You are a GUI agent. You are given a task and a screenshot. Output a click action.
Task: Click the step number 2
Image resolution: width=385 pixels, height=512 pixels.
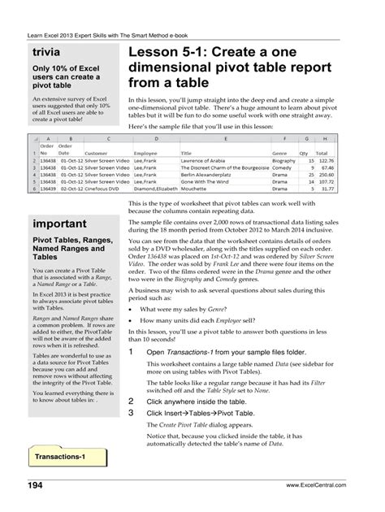coord(132,401)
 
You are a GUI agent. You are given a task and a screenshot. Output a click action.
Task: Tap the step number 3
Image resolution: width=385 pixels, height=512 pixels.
coord(132,412)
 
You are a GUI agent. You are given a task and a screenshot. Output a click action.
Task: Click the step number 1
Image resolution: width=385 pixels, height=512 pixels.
coord(132,352)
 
